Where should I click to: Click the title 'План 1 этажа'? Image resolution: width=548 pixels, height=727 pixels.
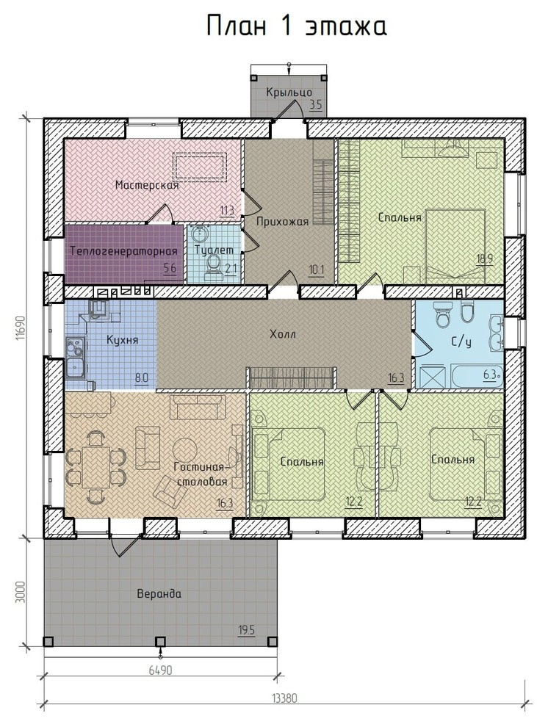(296, 26)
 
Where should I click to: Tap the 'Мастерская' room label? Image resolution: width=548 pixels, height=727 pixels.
(147, 186)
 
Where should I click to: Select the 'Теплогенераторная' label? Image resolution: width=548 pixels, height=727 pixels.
(124, 251)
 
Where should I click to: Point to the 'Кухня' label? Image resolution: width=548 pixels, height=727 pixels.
(123, 340)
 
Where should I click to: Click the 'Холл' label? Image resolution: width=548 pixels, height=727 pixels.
(283, 334)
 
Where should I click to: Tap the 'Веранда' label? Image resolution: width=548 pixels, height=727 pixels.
(159, 594)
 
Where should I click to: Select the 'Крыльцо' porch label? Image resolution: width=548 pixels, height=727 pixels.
(289, 93)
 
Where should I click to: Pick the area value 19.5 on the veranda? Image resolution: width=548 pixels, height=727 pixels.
(246, 631)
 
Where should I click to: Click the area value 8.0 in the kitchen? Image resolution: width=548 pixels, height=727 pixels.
(141, 377)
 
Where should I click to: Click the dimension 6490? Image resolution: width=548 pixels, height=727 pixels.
(160, 670)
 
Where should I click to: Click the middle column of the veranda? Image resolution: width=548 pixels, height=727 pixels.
(160, 641)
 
